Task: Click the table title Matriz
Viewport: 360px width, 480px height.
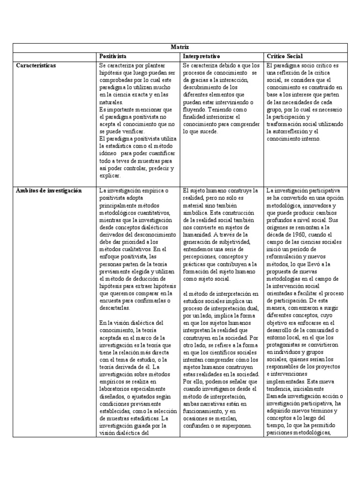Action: click(x=180, y=47)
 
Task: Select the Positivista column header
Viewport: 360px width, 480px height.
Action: click(x=113, y=56)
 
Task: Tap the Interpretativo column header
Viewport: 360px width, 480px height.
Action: click(x=202, y=56)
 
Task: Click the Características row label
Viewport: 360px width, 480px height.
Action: click(x=36, y=66)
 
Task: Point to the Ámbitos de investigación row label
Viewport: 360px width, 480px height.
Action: click(x=48, y=190)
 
